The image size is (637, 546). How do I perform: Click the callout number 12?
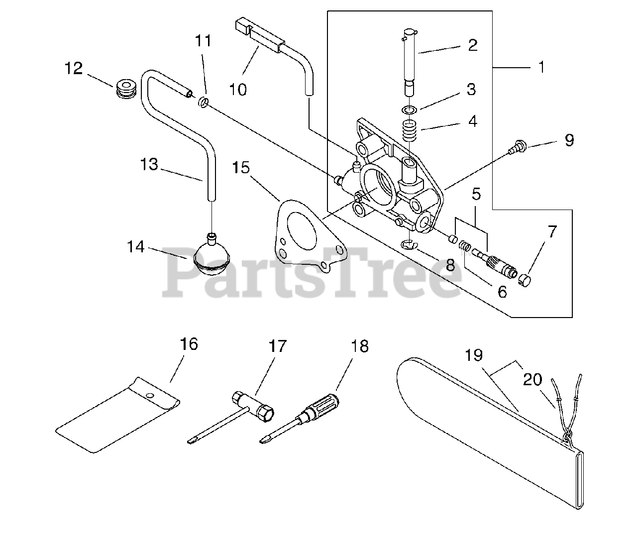click(73, 68)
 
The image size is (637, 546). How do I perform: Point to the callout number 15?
click(241, 168)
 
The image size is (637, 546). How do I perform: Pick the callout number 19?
click(474, 355)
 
